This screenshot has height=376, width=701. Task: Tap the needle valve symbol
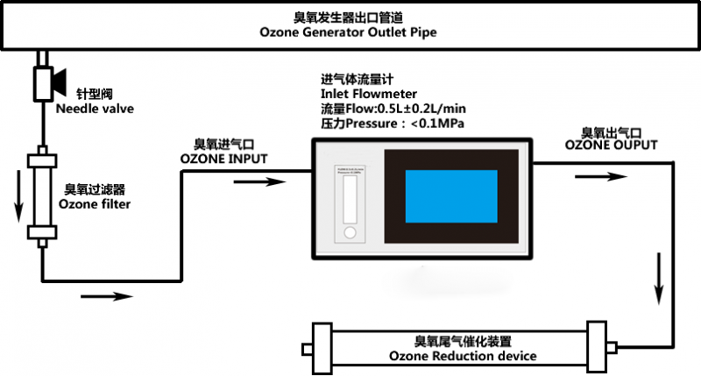click(x=43, y=82)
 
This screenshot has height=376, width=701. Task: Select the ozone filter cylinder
click(x=42, y=197)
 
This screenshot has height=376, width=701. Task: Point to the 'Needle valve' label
click(x=95, y=109)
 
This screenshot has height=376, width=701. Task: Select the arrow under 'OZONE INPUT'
click(x=262, y=182)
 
